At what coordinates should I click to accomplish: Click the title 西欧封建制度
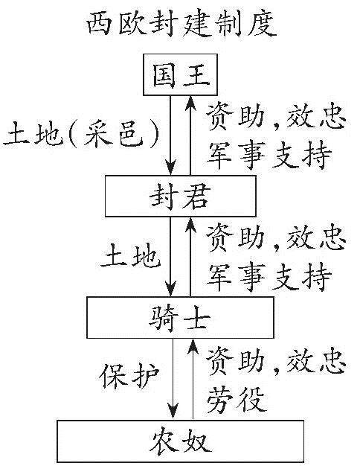pos(181,25)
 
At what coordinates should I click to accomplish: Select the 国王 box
pos(180,74)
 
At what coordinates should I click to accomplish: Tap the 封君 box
pos(180,196)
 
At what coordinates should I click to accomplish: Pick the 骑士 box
pos(180,317)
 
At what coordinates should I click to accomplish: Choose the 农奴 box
pos(181,441)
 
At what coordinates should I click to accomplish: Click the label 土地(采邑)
pos(81,135)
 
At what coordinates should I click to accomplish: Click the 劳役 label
pos(237,399)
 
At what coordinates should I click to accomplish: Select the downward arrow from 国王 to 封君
pos(171,135)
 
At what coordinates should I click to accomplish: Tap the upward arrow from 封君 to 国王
pos(190,135)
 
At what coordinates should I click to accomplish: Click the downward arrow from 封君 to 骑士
pos(171,257)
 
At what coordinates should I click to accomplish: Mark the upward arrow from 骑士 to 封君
pos(190,257)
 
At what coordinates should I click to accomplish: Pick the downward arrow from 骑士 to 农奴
pos(173,379)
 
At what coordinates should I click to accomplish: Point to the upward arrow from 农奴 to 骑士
pos(193,379)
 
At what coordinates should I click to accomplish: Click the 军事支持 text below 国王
pos(269,155)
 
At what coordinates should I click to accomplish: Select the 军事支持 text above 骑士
pos(269,277)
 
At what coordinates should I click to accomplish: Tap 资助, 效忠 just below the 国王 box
pos(276,117)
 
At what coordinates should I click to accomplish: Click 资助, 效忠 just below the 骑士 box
pos(276,361)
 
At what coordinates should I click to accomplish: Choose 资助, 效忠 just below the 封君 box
pos(276,239)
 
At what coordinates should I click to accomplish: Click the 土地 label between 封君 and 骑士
pos(130,255)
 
